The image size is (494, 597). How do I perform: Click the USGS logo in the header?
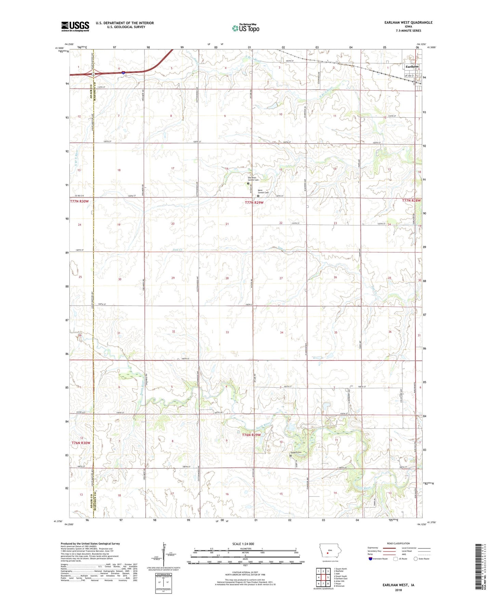(x=75, y=26)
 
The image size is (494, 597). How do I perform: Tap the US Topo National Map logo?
(x=245, y=28)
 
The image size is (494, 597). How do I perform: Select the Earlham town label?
(x=412, y=66)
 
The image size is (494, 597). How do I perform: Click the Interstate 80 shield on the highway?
(x=123, y=72)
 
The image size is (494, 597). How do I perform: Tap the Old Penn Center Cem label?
(x=253, y=179)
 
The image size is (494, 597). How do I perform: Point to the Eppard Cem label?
(x=297, y=452)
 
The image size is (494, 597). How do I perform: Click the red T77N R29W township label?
(x=254, y=202)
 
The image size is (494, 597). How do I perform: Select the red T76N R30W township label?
(x=81, y=443)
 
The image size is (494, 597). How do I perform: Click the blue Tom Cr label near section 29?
(x=178, y=250)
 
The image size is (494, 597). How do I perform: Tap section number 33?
(x=227, y=332)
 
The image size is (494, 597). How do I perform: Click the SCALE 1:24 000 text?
(x=243, y=544)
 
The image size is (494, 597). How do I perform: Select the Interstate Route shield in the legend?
(x=371, y=559)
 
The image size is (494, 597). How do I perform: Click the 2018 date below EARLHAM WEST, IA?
(x=398, y=590)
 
